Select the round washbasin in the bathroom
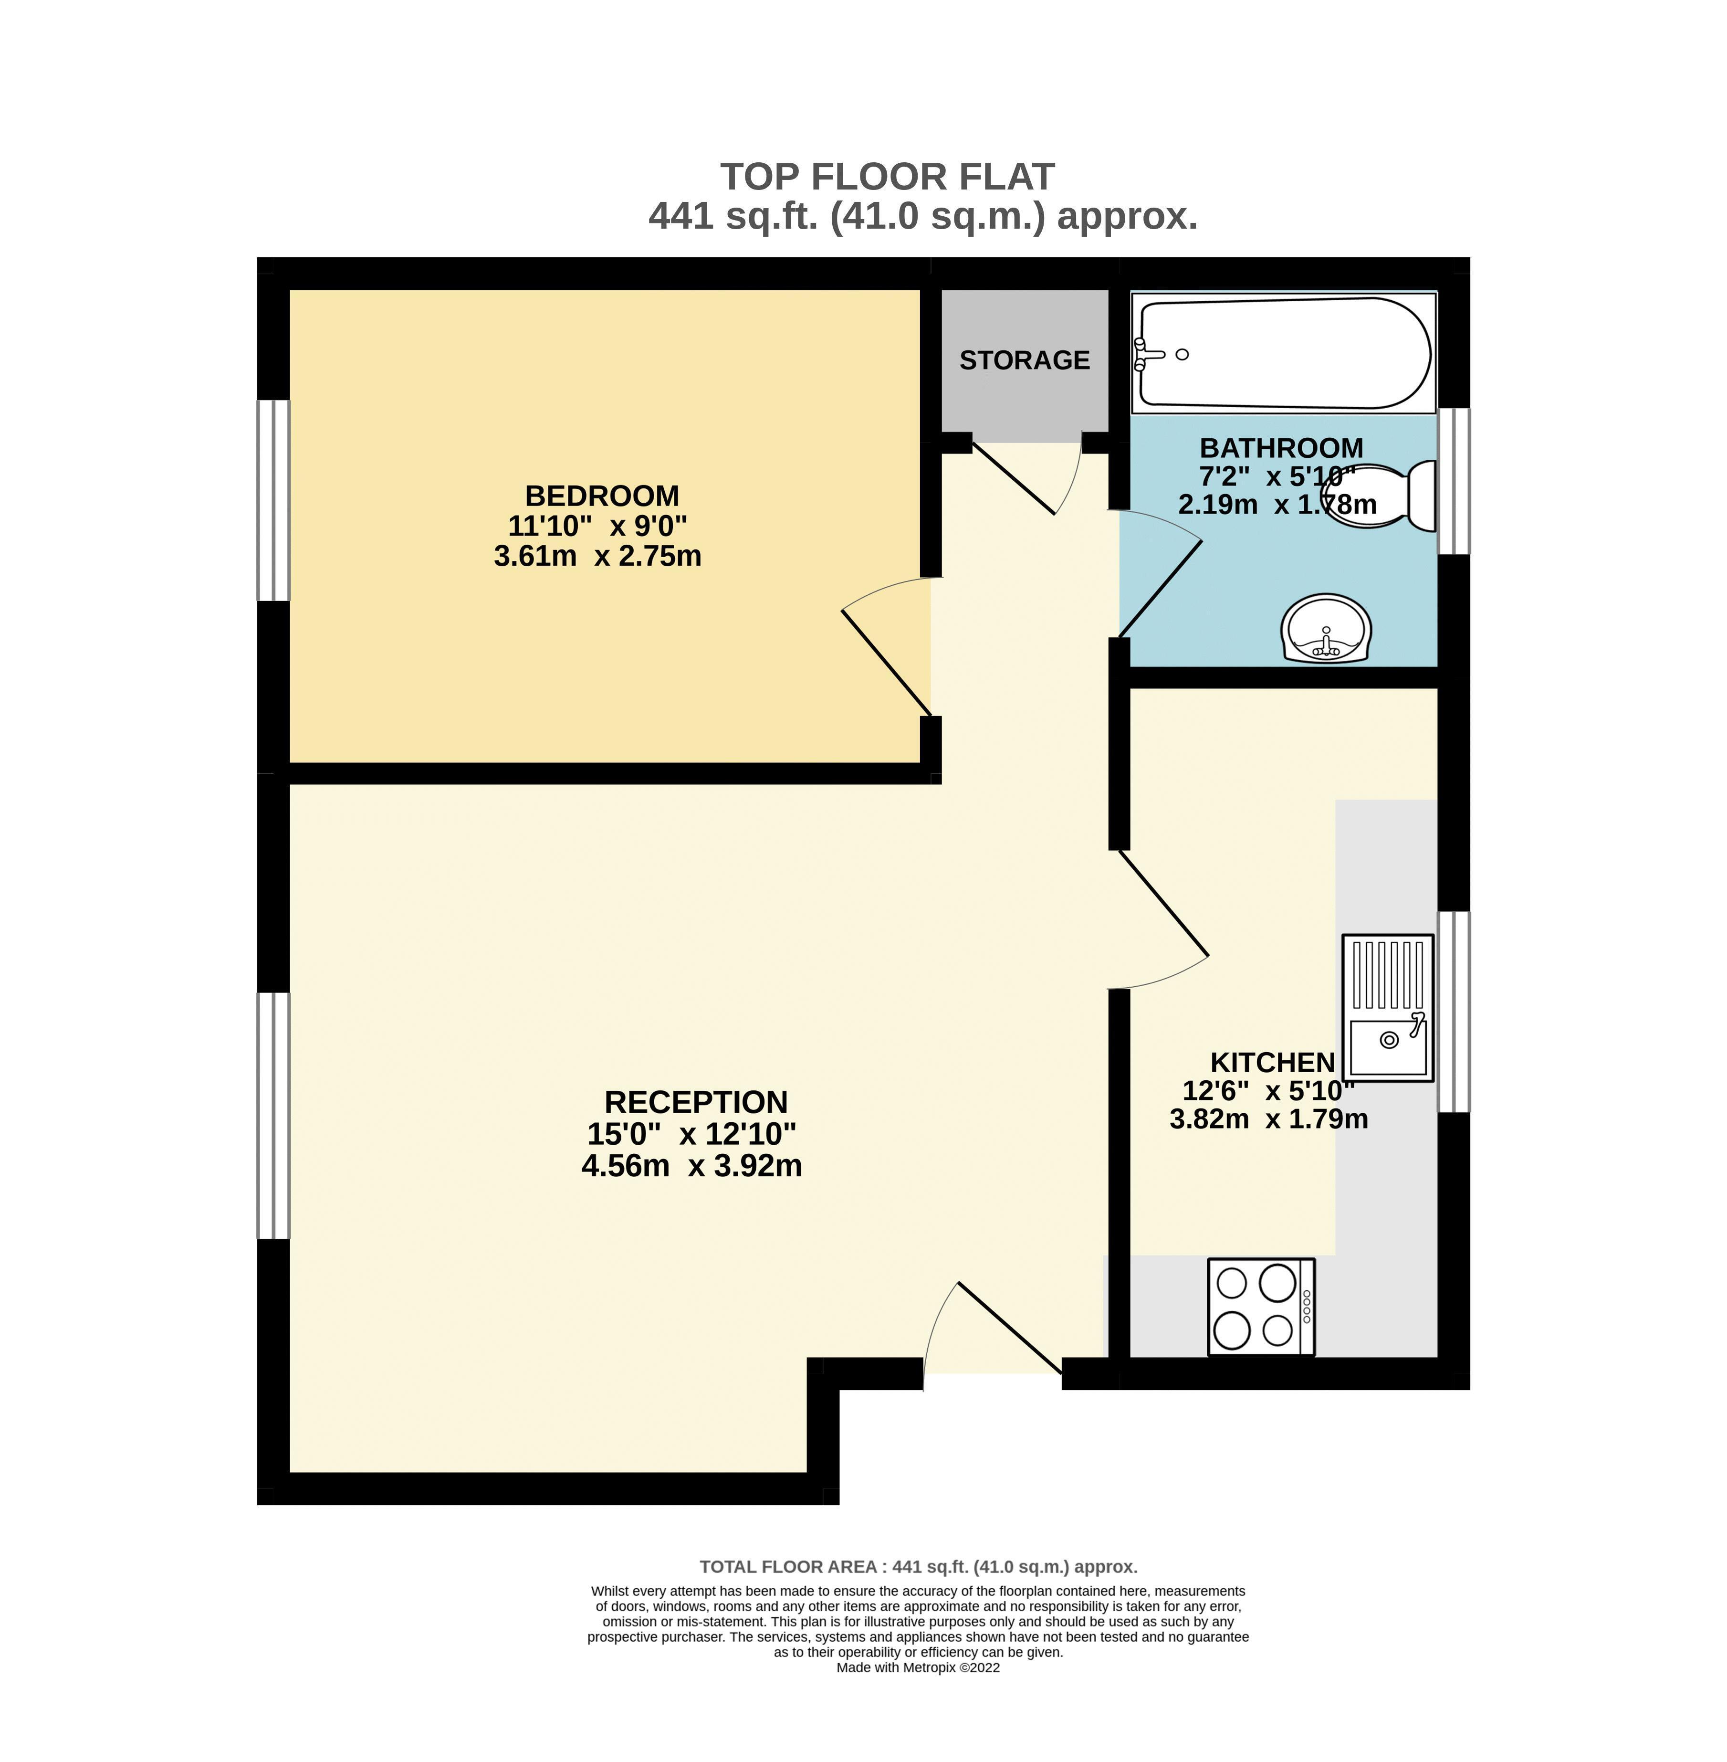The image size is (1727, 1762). point(1326,629)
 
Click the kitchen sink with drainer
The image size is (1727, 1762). point(1388,1007)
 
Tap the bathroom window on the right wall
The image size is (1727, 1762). point(1454,481)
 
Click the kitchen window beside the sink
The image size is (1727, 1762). point(1454,1012)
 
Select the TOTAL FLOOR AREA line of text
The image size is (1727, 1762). point(918,1567)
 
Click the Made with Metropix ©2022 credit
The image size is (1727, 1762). point(918,1667)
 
